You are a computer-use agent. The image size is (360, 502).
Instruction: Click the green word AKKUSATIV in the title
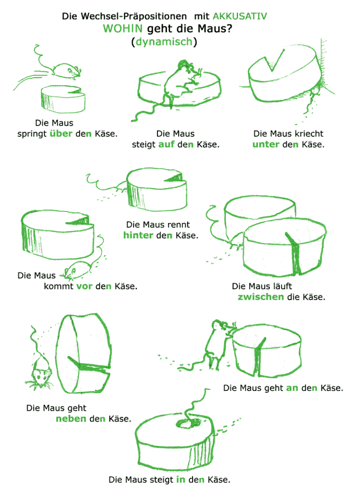tap(240, 16)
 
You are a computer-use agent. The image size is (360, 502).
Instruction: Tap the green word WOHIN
tap(123, 29)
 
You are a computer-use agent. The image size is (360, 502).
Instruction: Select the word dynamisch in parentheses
tap(164, 42)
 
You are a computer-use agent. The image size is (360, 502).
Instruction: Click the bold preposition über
tap(61, 134)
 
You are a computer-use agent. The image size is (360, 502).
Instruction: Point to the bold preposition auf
tap(166, 144)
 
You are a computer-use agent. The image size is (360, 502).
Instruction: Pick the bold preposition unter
tap(266, 144)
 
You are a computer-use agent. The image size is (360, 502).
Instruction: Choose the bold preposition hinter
tap(138, 235)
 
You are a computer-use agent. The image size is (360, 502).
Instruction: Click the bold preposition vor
tap(84, 286)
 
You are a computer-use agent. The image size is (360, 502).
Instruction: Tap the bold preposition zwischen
tap(261, 297)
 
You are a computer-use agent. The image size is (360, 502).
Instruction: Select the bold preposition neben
tap(71, 419)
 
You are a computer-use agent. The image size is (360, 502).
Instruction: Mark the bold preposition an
tap(292, 388)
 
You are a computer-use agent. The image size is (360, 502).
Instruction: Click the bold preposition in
tap(180, 480)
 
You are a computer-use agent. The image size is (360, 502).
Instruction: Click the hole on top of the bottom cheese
tap(186, 425)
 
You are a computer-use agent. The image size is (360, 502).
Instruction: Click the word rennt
tap(178, 225)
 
